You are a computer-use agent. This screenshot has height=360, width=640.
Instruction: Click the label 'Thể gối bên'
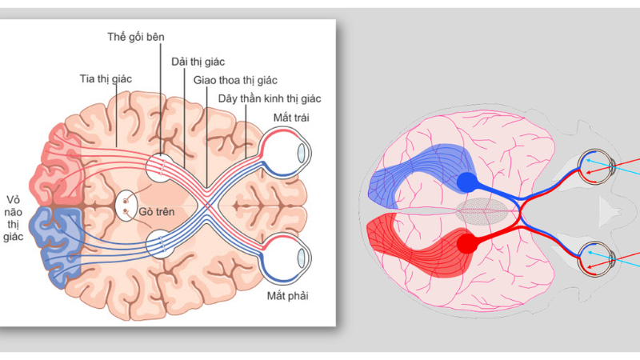(x=136, y=37)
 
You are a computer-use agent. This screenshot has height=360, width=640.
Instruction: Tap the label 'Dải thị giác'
(x=198, y=62)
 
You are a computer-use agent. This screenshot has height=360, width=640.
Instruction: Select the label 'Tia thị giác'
(x=106, y=78)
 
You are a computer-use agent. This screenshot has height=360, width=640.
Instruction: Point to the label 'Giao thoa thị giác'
(x=235, y=81)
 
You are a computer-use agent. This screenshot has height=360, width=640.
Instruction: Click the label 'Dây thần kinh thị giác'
(x=270, y=98)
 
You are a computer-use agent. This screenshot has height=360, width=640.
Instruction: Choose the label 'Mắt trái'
(x=291, y=118)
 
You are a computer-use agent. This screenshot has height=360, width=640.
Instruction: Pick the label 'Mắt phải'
(x=288, y=296)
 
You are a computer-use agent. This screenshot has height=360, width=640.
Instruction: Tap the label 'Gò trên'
(x=157, y=212)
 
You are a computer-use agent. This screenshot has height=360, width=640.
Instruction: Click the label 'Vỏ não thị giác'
(x=13, y=218)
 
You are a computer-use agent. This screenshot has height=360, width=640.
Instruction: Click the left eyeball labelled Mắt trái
(x=285, y=153)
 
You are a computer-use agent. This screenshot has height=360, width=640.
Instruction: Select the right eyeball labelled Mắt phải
(x=285, y=258)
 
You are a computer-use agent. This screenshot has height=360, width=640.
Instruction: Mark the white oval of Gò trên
(x=126, y=206)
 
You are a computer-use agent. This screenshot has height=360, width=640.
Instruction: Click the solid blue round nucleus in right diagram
(x=467, y=182)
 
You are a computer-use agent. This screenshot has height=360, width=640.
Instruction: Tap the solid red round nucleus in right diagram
(x=467, y=244)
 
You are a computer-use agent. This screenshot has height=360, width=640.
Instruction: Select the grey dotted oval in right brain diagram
(x=482, y=211)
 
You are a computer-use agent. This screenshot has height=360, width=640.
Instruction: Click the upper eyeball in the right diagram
(x=596, y=167)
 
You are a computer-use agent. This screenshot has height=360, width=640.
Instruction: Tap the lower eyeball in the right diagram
(x=596, y=258)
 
